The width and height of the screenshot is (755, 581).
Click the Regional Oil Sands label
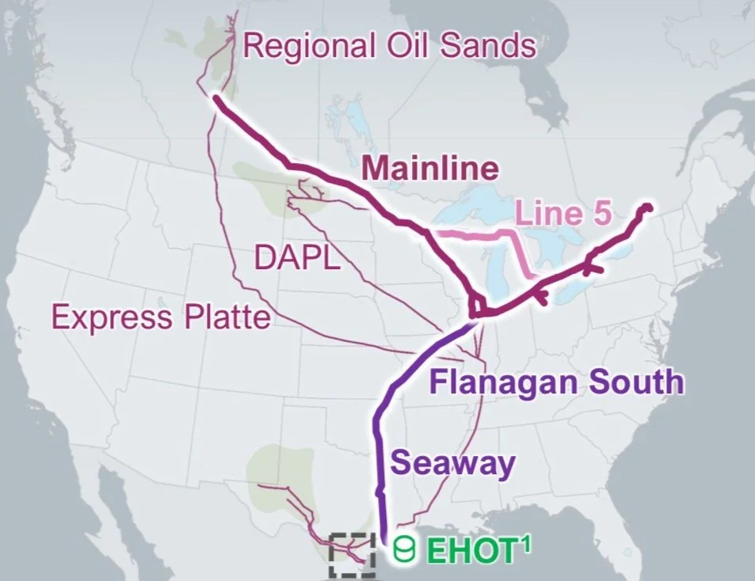(x=389, y=46)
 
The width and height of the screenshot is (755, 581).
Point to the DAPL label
(x=296, y=257)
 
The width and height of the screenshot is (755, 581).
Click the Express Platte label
(x=161, y=317)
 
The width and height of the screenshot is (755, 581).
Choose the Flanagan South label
(x=555, y=382)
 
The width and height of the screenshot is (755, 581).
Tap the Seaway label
(x=452, y=464)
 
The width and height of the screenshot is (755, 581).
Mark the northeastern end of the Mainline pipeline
(x=647, y=207)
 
